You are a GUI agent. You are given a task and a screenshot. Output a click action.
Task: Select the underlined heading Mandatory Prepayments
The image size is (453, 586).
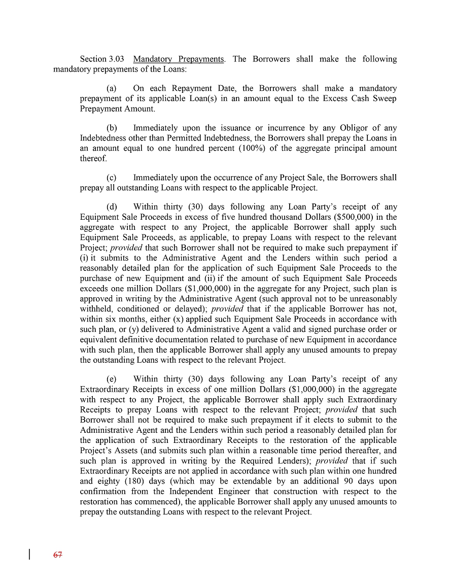tap(178, 59)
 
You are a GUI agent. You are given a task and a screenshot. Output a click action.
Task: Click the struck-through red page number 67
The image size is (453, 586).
tap(57, 555)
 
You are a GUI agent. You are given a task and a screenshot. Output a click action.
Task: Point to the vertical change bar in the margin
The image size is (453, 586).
tap(29, 554)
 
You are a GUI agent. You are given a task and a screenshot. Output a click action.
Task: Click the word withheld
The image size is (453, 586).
tap(96, 309)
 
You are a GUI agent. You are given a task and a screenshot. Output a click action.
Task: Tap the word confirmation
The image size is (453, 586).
tap(103, 492)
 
